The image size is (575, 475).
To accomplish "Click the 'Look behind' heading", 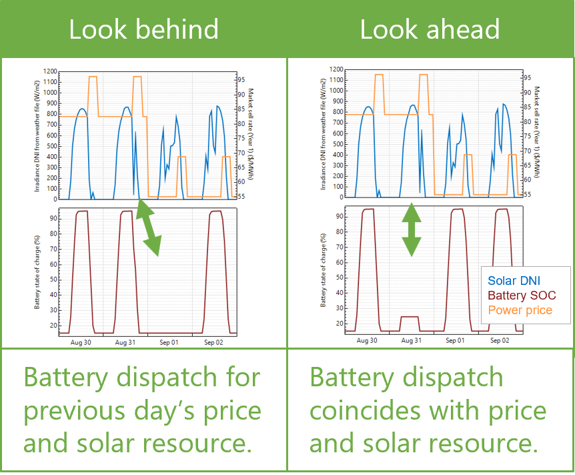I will pos(143,29).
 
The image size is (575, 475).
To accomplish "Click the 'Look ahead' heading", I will pos(430,29).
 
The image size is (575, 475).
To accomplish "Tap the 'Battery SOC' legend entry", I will pos(522,295).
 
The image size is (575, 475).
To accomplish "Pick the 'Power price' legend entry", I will pos(520,310).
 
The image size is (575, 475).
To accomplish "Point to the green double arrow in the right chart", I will pos(412,229).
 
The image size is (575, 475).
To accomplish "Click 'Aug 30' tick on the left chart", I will pos(82,342).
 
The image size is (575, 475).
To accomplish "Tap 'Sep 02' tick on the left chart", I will pos(215,342).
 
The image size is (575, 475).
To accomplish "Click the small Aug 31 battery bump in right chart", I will pos(410,317).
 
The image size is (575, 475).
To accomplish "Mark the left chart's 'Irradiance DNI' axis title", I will pos(39,133).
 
